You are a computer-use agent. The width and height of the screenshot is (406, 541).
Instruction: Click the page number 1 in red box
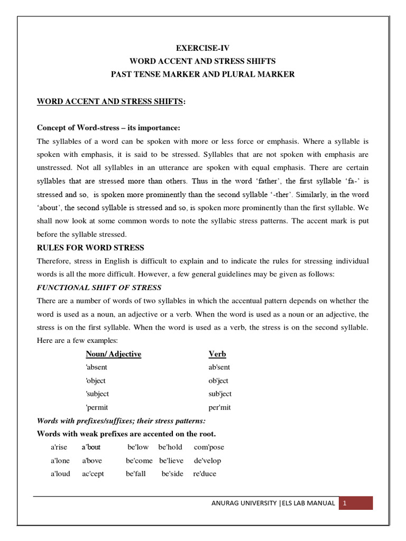tap(344, 503)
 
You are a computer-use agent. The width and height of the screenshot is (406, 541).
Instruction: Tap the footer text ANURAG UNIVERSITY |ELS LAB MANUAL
tap(273, 503)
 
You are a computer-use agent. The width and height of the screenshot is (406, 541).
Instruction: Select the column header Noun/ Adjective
tap(113, 354)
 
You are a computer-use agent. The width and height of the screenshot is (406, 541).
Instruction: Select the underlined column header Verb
tap(217, 354)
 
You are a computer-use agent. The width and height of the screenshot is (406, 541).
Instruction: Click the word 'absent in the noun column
tap(96, 367)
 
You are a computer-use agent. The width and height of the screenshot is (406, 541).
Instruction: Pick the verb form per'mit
tap(219, 408)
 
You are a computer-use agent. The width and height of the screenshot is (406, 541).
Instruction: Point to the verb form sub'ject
tap(220, 394)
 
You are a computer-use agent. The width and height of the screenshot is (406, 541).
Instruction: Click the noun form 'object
tap(96, 381)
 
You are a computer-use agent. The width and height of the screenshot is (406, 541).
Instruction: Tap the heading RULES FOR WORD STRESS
tap(90, 248)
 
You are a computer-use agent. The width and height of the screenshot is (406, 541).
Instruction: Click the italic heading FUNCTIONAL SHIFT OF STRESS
tap(99, 287)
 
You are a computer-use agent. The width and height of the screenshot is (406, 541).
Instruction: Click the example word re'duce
tap(205, 474)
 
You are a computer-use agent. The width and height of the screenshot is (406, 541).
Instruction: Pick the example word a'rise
tap(60, 447)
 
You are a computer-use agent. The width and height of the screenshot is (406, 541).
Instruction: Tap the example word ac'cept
tap(93, 474)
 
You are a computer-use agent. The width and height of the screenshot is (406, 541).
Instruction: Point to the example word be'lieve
tap(171, 461)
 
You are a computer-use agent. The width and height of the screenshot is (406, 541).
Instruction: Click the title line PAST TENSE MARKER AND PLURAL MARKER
tap(202, 74)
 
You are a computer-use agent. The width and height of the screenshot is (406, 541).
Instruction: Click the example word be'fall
tap(136, 474)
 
